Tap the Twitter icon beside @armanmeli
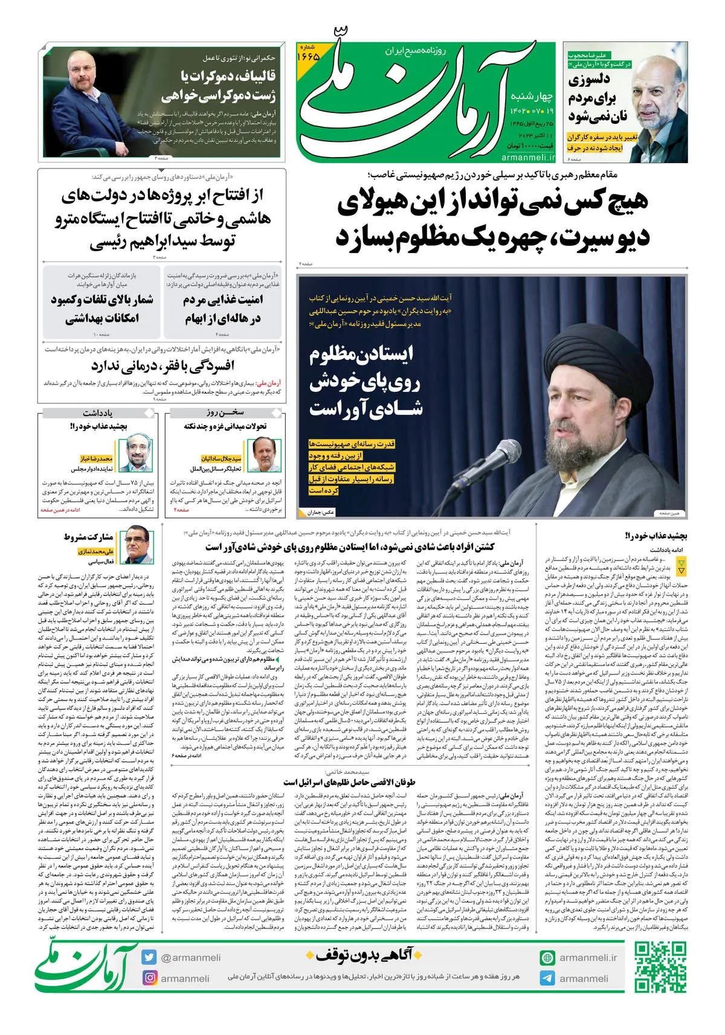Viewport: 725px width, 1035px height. click(x=150, y=957)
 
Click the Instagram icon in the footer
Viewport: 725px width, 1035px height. click(x=150, y=978)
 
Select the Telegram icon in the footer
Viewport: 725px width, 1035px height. click(x=547, y=978)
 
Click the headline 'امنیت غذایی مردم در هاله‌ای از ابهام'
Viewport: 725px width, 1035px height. click(x=222, y=309)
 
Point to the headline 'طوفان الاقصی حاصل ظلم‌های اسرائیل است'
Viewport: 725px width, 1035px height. click(x=349, y=782)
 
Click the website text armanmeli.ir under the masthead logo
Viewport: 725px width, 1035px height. click(x=527, y=158)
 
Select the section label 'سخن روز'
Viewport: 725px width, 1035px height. click(x=225, y=413)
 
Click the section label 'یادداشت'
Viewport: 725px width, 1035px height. click(x=98, y=413)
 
